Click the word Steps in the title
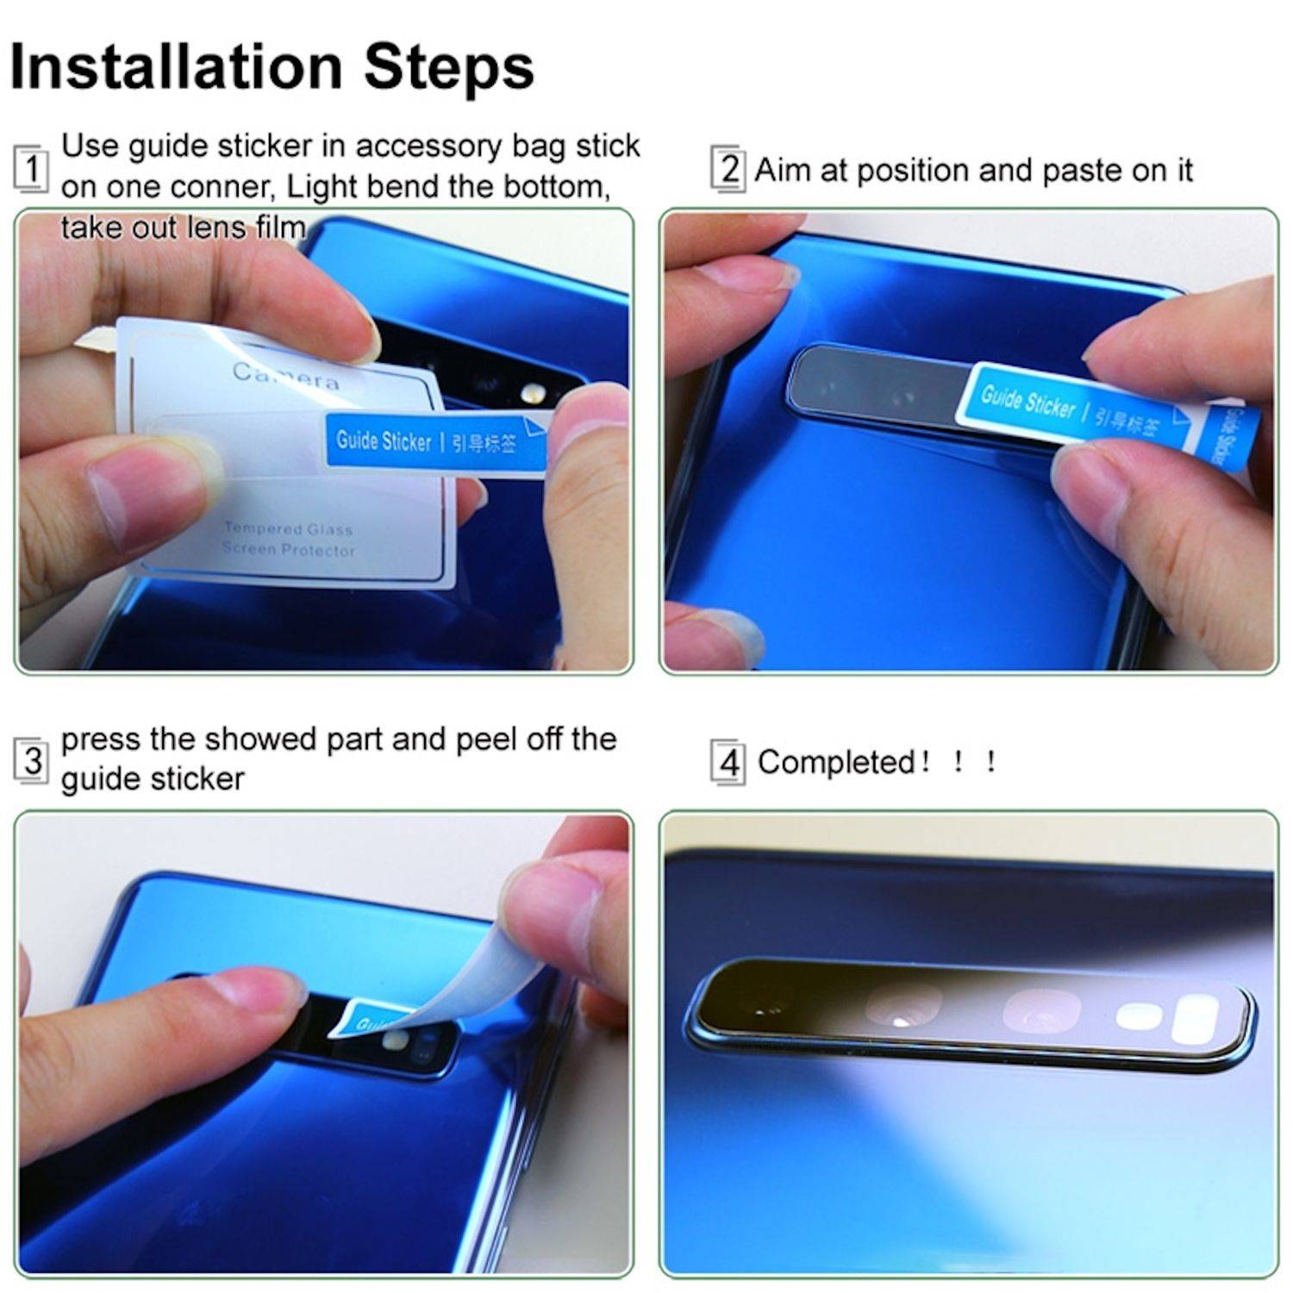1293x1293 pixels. point(449,68)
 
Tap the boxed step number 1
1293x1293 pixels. point(31,168)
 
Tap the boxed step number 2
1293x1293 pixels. point(728,169)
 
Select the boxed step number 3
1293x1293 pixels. point(32,761)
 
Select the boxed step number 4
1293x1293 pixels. point(728,763)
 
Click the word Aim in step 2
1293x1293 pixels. point(783,171)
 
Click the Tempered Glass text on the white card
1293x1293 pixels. point(288,529)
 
